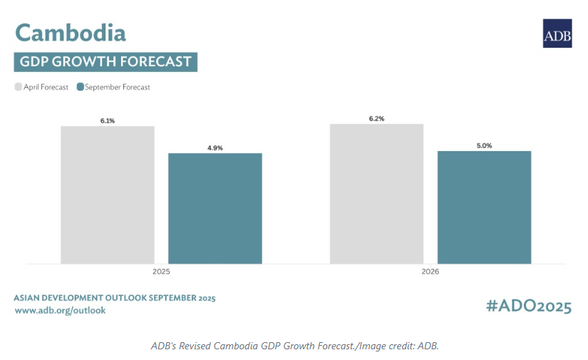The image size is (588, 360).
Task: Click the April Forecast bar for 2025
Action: [x=108, y=195]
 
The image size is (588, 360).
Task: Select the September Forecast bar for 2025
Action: [x=215, y=208]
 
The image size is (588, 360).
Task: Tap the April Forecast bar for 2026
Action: [x=376, y=194]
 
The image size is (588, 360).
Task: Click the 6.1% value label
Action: [x=108, y=121]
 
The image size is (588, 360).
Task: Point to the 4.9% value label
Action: [x=215, y=148]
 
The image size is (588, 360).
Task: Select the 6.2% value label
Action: [x=376, y=119]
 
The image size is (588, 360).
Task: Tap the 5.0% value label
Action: [x=484, y=146]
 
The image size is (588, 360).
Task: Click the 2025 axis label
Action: [x=161, y=272]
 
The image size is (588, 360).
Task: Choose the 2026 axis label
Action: [x=430, y=272]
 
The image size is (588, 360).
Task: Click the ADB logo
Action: [x=557, y=34]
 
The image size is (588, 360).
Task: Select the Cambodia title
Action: [x=71, y=33]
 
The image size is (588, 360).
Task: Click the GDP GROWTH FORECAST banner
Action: [x=105, y=62]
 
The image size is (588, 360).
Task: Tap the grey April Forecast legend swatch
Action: [x=19, y=88]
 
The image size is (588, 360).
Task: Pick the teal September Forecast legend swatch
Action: [x=80, y=88]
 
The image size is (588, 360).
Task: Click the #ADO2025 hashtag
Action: [x=528, y=307]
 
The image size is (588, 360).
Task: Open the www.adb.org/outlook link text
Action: [x=60, y=311]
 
